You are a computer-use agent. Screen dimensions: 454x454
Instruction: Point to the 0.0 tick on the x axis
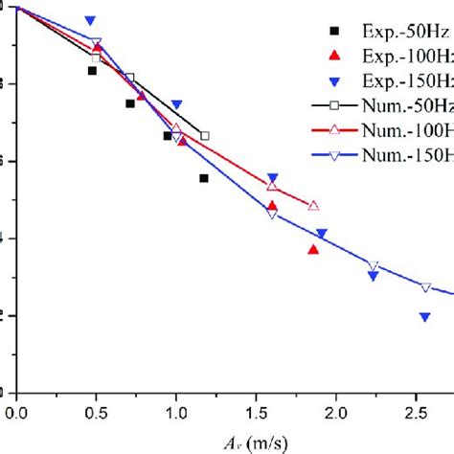click(x=16, y=412)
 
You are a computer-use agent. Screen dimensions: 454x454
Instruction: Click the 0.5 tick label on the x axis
click(x=96, y=412)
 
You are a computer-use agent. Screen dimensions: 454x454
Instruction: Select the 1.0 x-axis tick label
click(x=175, y=412)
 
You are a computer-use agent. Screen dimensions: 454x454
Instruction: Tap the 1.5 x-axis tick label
click(x=255, y=412)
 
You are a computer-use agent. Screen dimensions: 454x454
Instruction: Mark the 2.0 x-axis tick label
click(x=334, y=412)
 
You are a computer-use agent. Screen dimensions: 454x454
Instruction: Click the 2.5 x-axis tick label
click(x=414, y=412)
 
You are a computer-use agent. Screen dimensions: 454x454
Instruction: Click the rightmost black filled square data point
click(x=204, y=178)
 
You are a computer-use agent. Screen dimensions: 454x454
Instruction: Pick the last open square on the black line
click(x=205, y=136)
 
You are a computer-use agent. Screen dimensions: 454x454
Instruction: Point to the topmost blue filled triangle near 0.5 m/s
click(x=90, y=20)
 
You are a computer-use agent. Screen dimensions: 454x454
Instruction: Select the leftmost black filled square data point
click(x=92, y=71)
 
